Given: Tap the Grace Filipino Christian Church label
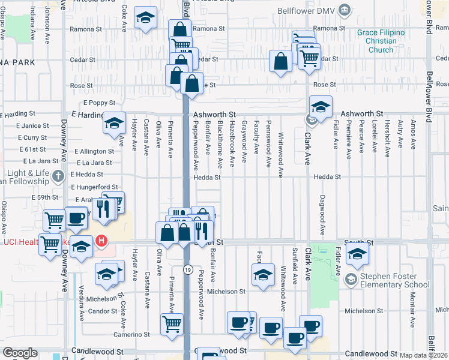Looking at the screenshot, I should pos(381,41).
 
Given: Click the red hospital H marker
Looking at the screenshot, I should pos(101,242).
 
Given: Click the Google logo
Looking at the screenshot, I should pos(20,353).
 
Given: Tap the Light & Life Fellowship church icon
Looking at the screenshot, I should pos(58,176).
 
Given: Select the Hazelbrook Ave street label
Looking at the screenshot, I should pos(232,147).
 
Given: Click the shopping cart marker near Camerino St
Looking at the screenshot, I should pos(172,324).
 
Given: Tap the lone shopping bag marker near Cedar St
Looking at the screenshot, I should pos(280,61).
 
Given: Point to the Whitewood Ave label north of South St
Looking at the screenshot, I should pos(281,155).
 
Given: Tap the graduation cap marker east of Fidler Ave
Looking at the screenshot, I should pos(357,254).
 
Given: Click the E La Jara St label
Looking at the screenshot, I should pos(93,163).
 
